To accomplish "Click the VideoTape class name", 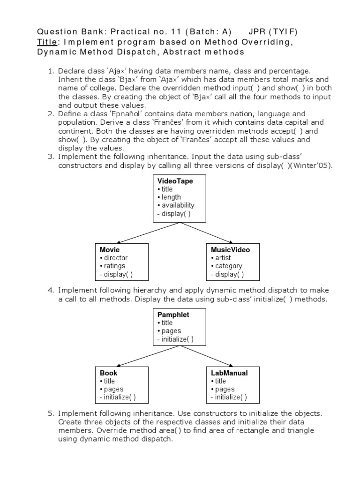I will pos(175,180).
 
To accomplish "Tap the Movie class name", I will pos(110,250).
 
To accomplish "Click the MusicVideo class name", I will pos(230,250).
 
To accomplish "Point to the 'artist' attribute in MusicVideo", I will pos(223,258).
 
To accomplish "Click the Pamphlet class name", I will pos(173,315).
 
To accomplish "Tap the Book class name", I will pos(108,373).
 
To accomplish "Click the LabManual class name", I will pos(229,373).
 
